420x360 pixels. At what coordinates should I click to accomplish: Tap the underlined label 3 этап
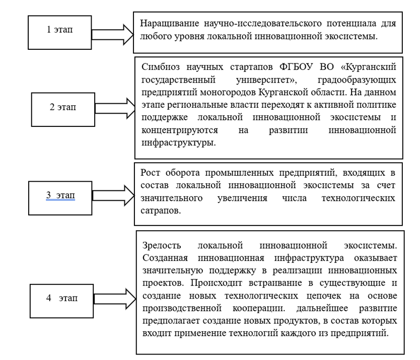point(60,195)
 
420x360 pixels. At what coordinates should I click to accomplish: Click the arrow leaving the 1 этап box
point(112,34)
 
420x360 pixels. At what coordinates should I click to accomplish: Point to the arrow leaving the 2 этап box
point(115,108)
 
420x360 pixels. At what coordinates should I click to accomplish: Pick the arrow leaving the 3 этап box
point(113,195)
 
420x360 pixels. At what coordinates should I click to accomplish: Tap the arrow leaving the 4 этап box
point(115,299)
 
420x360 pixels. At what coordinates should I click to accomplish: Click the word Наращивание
point(170,24)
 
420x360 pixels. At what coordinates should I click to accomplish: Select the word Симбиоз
point(161,66)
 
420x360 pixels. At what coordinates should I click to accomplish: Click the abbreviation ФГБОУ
point(296,66)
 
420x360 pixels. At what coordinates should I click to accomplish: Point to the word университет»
point(266,80)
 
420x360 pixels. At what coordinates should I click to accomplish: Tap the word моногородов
point(229,93)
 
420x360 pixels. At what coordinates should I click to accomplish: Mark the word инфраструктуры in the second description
point(179,142)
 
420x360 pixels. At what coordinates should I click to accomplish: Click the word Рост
point(150,173)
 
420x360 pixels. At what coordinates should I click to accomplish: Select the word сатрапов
point(161,210)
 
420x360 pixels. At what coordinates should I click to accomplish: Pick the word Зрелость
point(162,245)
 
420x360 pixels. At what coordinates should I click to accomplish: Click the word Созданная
point(165,258)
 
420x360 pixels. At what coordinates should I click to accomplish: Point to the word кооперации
point(259,308)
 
